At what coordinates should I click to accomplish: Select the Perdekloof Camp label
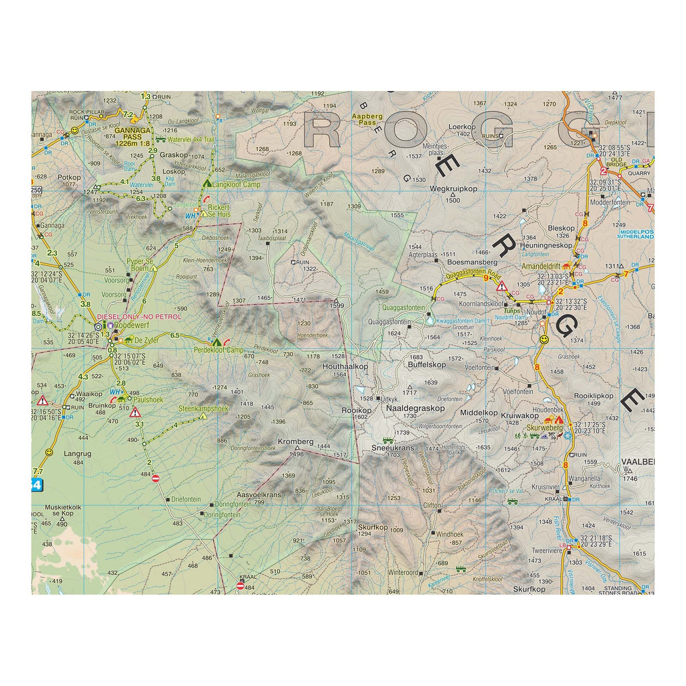(218, 350)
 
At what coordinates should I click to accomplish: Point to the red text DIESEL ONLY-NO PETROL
(140, 317)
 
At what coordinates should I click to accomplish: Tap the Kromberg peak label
(296, 442)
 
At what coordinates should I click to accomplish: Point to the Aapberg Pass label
(367, 119)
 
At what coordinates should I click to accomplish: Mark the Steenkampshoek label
(203, 409)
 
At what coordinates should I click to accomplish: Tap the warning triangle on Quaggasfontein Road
(501, 286)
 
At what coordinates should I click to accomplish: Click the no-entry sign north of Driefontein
(156, 479)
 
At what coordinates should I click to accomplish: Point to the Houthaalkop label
(345, 366)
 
